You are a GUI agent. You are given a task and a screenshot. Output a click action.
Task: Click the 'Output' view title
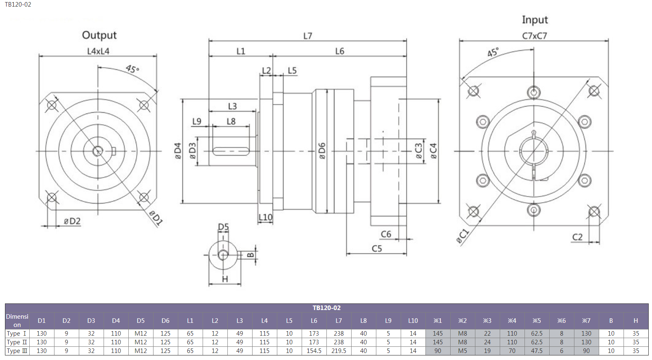99,35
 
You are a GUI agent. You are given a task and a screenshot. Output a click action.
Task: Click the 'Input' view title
535,20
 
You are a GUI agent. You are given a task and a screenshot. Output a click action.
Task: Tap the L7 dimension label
308,36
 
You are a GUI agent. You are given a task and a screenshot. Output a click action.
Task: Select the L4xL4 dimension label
98,51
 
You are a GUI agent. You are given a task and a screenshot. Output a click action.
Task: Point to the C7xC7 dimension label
534,36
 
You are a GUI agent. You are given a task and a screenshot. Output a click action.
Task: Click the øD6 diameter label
322,151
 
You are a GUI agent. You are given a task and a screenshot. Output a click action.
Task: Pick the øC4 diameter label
433,151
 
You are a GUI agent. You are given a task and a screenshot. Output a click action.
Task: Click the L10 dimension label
265,217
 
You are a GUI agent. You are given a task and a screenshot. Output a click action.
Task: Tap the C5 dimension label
377,249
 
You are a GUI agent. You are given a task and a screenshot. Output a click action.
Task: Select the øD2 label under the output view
72,221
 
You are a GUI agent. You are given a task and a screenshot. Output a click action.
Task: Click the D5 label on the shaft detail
223,227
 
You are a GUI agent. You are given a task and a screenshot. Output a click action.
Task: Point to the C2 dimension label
577,237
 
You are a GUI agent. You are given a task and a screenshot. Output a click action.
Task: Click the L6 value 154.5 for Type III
314,351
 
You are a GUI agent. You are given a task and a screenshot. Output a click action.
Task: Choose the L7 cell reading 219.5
338,351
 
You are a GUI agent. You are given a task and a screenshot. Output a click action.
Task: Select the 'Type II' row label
17,342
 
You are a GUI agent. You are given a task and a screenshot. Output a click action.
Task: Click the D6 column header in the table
165,321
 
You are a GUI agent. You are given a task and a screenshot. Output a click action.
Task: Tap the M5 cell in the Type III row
463,351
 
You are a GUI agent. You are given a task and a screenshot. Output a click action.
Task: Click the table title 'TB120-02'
326,308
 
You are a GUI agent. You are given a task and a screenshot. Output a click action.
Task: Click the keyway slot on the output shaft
231,151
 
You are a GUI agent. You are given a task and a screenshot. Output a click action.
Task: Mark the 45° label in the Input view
493,52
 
